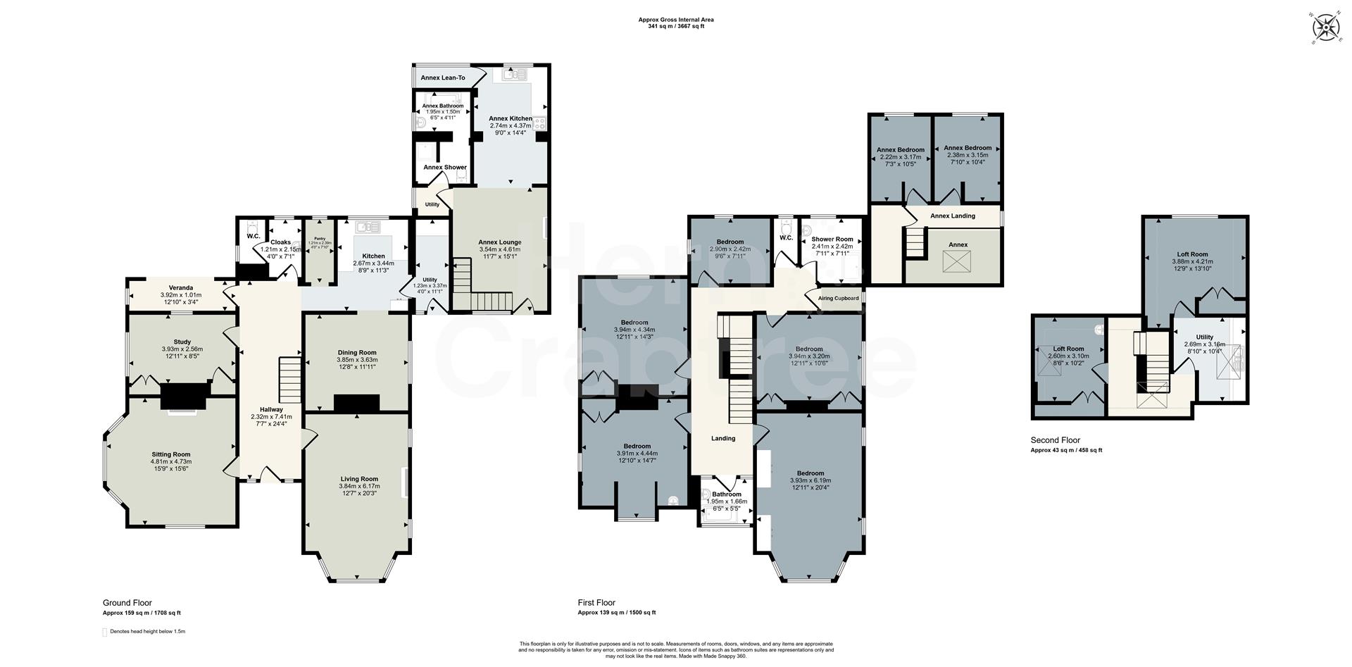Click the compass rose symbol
click(1326, 29)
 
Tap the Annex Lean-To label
click(443, 77)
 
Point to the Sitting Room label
click(171, 454)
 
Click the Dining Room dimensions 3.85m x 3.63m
click(357, 360)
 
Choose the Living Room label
click(359, 479)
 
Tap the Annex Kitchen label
click(511, 118)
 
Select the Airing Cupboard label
click(838, 298)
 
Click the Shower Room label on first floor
click(832, 239)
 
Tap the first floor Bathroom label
click(726, 494)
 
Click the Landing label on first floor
click(723, 438)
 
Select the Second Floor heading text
click(1055, 440)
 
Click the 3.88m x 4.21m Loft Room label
click(1192, 254)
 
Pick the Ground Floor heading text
click(127, 603)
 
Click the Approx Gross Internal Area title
click(676, 20)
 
